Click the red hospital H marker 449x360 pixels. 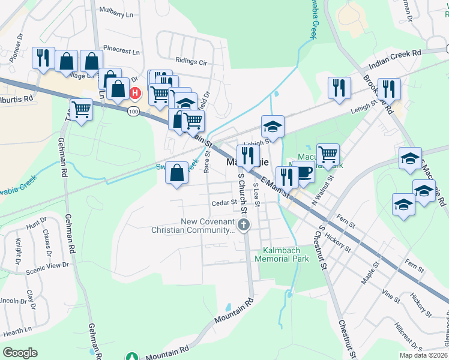point(135,93)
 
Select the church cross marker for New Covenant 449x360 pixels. point(243,226)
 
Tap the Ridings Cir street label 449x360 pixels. point(191,61)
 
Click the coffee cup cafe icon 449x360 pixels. point(304,172)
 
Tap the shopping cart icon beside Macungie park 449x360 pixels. point(328,154)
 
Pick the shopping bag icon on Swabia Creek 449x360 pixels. point(176,172)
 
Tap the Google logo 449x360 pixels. point(20,352)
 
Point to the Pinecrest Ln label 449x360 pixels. point(121,52)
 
